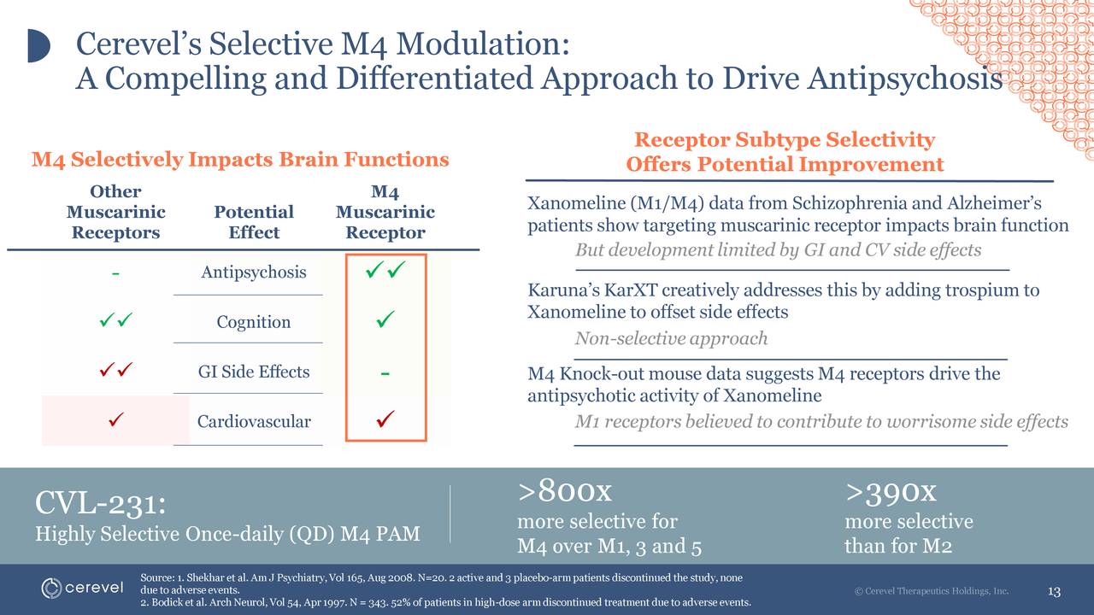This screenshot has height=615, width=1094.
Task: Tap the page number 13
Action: click(x=1054, y=592)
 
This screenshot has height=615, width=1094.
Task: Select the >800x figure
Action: click(x=565, y=491)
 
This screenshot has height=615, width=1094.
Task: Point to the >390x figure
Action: click(x=891, y=491)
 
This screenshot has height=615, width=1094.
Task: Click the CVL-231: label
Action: click(x=99, y=503)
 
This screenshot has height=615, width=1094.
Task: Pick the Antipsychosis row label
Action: click(x=253, y=272)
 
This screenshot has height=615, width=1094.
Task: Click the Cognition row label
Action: click(x=253, y=322)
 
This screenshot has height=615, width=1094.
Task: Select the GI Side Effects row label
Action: click(x=253, y=372)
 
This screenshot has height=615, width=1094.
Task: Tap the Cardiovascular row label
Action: click(x=254, y=421)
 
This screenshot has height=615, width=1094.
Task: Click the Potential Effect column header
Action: click(x=254, y=222)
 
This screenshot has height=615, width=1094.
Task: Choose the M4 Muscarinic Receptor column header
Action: click(x=385, y=212)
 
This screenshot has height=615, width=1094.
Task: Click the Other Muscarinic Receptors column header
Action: click(x=115, y=212)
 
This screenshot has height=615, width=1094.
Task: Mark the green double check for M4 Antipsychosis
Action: click(x=385, y=272)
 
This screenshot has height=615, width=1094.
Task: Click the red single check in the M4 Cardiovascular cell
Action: click(x=385, y=419)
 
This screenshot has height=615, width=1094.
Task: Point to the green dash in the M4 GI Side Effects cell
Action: click(x=385, y=373)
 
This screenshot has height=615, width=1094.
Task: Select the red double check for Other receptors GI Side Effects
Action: click(x=114, y=371)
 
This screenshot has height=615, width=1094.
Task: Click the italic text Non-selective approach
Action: click(x=671, y=339)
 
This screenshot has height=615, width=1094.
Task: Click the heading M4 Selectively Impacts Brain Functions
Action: click(x=240, y=160)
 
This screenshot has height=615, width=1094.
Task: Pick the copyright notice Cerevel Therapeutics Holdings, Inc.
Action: click(x=932, y=591)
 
